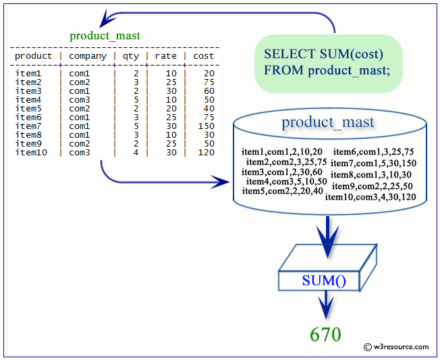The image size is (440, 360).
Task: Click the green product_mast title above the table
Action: click(105, 36)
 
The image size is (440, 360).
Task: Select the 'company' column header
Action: click(88, 56)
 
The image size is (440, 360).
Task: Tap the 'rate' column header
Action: click(166, 56)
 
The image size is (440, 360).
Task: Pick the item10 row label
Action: click(30, 153)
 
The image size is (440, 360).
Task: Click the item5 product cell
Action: click(28, 109)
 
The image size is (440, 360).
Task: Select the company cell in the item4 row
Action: click(80, 100)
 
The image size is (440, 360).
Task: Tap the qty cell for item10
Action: click(136, 153)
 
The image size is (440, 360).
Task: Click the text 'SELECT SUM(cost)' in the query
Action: click(323, 54)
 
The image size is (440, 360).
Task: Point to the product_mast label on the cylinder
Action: click(328, 122)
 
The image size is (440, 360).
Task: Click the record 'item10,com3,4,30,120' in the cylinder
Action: click(370, 197)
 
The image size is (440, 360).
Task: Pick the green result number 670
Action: click(325, 334)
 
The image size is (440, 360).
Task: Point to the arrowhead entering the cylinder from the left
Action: click(221, 182)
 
